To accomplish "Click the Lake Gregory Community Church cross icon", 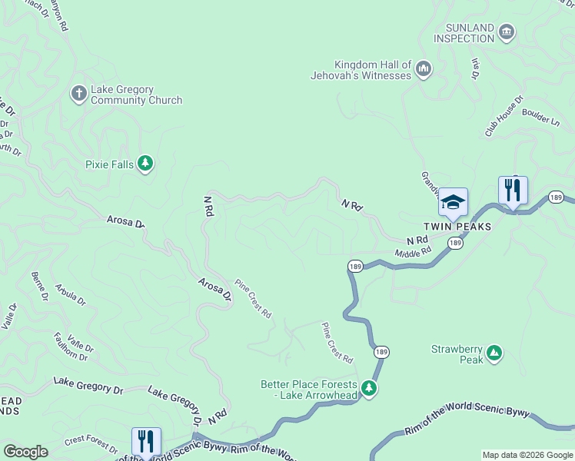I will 78,94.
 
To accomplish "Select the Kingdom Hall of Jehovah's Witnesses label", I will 373,70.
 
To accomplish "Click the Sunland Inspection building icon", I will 506,32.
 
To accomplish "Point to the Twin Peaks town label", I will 456,227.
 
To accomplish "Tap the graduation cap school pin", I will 453,202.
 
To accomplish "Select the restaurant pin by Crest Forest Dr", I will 146,441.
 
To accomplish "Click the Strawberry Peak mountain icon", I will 494,353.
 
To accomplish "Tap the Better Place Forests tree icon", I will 370,389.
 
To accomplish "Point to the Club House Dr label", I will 504,117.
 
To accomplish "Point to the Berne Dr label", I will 40,284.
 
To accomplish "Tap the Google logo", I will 25,452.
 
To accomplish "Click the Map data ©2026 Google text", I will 527,455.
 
